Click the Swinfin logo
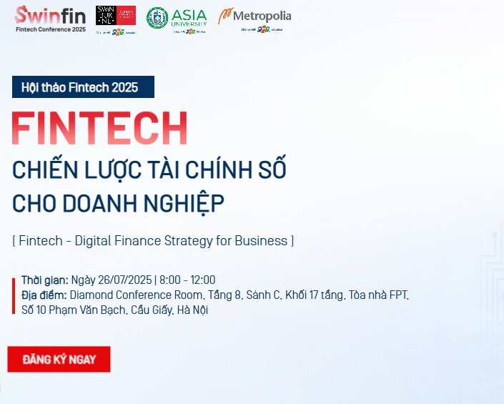[50, 14]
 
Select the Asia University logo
[177, 18]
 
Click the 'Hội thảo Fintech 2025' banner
[83, 87]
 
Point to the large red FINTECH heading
[99, 129]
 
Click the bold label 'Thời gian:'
[44, 280]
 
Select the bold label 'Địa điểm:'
[44, 295]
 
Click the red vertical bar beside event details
[14, 295]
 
